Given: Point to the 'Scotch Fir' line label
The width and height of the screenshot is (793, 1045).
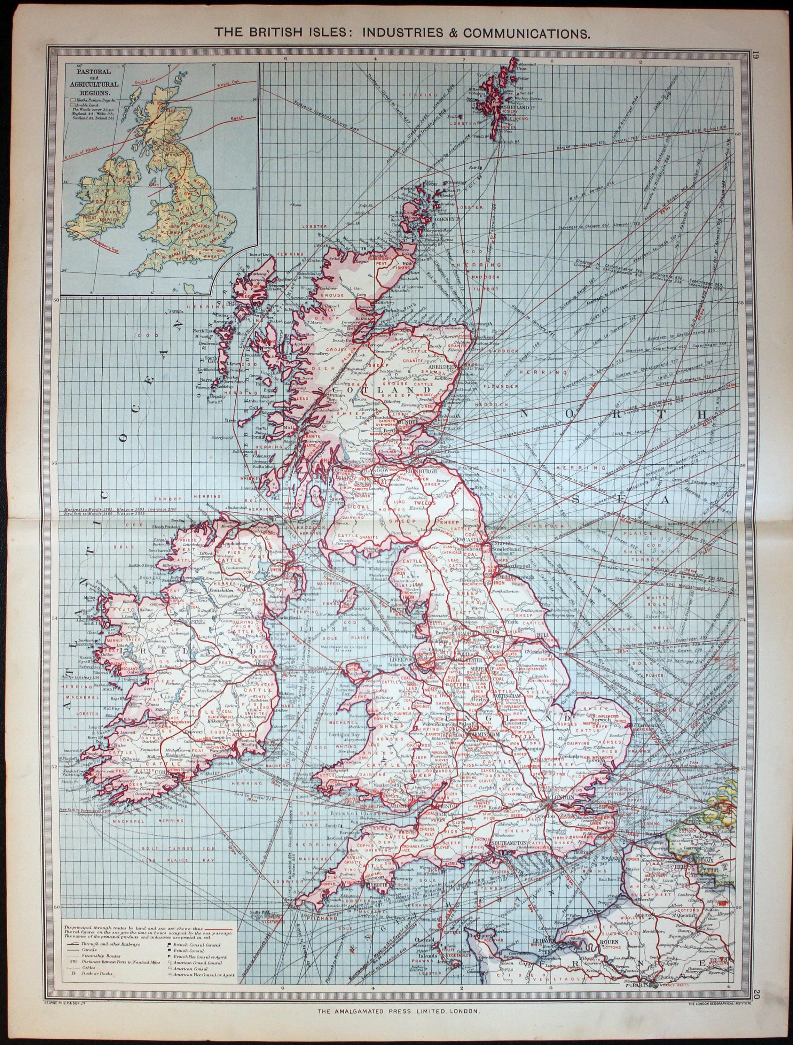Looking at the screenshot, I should (142, 81).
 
